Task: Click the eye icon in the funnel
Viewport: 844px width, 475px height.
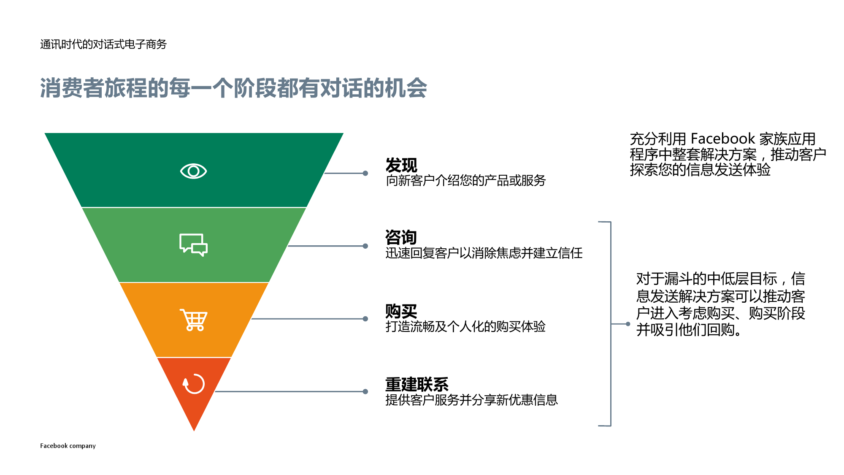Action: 193,171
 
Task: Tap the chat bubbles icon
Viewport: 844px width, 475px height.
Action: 193,245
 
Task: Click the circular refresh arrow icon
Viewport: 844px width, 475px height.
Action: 194,384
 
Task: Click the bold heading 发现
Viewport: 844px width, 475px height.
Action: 401,165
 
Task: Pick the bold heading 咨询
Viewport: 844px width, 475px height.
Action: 401,237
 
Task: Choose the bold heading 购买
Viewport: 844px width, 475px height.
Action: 401,312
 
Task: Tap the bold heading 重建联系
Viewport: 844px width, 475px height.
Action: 417,384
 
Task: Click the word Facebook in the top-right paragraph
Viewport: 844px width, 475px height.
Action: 722,138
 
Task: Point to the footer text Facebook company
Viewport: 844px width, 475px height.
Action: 68,446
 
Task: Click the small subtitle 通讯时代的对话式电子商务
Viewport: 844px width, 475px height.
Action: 103,44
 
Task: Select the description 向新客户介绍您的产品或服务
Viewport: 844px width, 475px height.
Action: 465,181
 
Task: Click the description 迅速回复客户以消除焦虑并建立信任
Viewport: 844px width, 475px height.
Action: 484,253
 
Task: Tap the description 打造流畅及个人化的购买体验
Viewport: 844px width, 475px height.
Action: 465,326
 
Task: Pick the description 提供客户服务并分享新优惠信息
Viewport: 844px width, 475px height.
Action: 471,400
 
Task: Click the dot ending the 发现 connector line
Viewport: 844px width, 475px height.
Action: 365,173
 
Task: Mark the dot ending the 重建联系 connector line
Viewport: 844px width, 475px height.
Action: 365,392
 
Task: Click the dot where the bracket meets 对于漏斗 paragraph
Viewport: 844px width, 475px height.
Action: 628,324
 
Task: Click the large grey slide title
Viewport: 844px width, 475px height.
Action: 233,88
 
